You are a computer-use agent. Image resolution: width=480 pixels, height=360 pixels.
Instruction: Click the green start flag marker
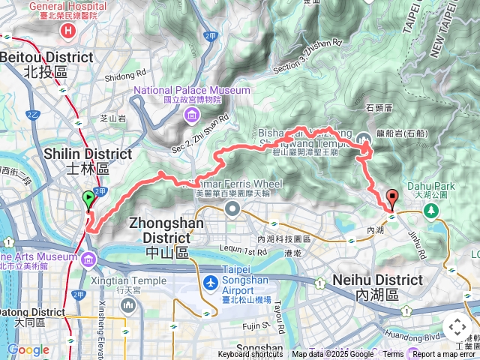(88, 200)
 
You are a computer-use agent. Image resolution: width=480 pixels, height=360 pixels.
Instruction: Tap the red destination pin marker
(391, 199)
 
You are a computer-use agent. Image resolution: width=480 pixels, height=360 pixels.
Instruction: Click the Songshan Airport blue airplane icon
(211, 284)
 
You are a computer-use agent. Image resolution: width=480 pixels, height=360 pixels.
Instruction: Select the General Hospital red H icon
(69, 30)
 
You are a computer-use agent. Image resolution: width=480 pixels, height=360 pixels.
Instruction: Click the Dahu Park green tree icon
(433, 210)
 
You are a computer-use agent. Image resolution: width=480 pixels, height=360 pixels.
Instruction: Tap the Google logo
(28, 349)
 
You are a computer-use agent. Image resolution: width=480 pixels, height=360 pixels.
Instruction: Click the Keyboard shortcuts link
(250, 355)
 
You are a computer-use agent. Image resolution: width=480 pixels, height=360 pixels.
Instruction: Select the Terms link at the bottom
(393, 355)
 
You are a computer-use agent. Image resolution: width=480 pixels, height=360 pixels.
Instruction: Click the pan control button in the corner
(457, 328)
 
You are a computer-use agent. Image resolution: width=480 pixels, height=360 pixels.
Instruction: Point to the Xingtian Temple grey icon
(127, 305)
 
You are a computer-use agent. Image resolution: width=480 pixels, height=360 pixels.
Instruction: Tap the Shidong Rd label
(125, 76)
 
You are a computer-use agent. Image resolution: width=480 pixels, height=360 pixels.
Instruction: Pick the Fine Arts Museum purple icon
(89, 259)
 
